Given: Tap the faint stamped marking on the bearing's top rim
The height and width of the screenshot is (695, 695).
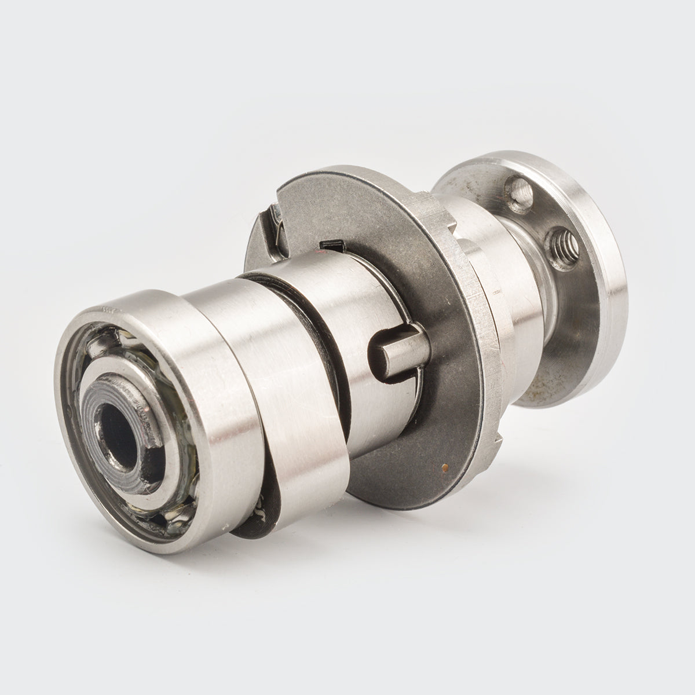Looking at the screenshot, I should [x=108, y=310].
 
